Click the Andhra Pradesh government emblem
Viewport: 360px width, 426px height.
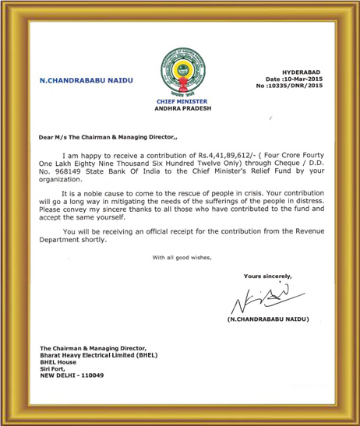(180, 72)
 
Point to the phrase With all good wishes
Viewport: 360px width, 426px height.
(181, 257)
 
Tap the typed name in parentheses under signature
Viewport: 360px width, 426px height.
(268, 320)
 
